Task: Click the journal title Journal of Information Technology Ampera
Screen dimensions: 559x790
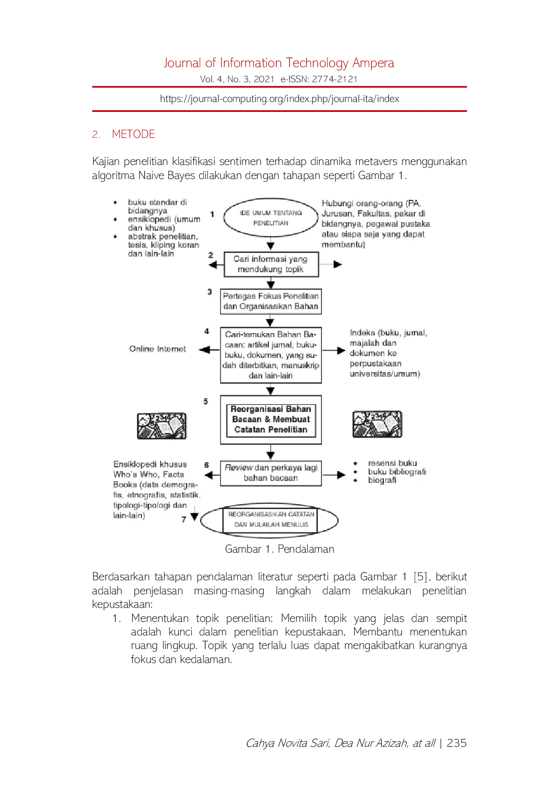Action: click(x=279, y=63)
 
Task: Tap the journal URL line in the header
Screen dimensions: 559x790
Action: click(x=280, y=99)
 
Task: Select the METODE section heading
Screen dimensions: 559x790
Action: click(x=133, y=134)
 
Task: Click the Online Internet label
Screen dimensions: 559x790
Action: click(x=157, y=349)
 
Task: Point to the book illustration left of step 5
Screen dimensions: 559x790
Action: click(x=161, y=426)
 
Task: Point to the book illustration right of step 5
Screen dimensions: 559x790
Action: click(x=377, y=424)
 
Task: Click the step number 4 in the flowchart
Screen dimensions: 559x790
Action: click(x=206, y=331)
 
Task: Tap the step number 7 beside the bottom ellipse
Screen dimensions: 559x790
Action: click(x=184, y=519)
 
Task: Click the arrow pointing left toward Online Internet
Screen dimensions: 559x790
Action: click(x=210, y=350)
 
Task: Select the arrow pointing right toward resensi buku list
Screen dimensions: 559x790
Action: click(x=334, y=475)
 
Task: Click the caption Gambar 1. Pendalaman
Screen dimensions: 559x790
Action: click(x=280, y=549)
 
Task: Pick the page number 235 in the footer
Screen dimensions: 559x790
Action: click(x=457, y=743)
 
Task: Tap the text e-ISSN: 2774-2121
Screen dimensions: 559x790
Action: click(x=319, y=79)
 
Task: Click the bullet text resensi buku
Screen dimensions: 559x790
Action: click(x=392, y=463)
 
